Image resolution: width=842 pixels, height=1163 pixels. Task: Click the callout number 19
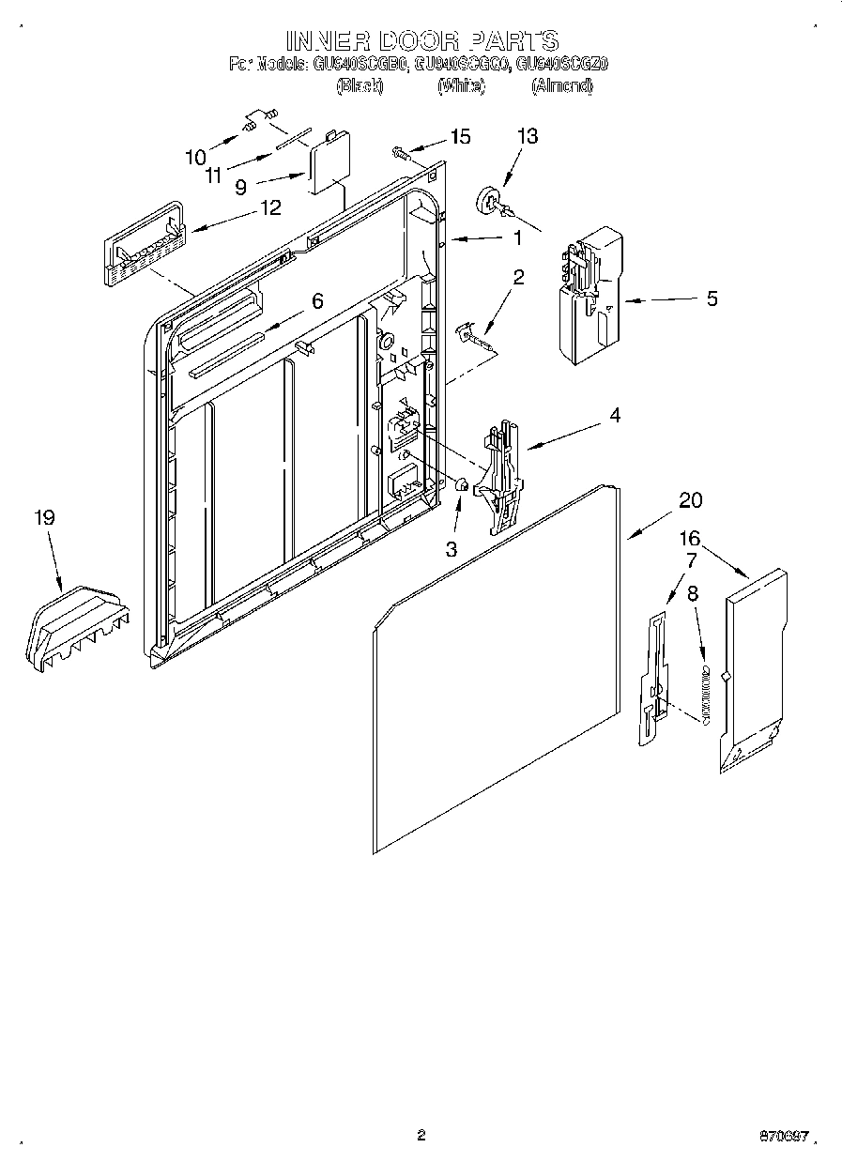coord(44,517)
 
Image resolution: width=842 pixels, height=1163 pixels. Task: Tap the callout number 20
coord(690,500)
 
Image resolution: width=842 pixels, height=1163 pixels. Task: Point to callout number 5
coord(712,298)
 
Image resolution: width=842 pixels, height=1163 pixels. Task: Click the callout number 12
coord(270,207)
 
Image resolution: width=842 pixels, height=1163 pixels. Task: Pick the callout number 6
coord(317,301)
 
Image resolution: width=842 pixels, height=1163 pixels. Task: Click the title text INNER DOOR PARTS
coord(421,40)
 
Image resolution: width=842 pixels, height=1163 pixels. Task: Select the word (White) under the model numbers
coord(461,86)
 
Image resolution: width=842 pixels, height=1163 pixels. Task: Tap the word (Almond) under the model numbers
coord(561,86)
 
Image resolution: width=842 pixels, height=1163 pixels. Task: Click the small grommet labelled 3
coord(462,485)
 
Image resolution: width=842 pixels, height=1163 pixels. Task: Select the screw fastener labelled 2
coord(475,333)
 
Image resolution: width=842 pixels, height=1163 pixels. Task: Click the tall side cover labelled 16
coord(754,668)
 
